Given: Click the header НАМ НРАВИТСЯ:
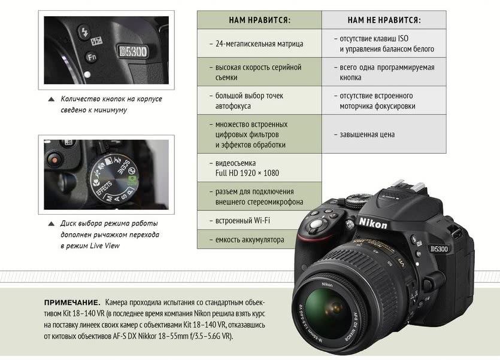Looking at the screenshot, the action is pos(259,20).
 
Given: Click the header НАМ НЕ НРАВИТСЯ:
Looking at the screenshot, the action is pos(384,20).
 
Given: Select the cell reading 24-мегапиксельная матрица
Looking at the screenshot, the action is pos(259,43).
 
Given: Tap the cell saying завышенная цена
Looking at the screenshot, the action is pos(384,134).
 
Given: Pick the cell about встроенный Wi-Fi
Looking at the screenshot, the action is pos(249,221).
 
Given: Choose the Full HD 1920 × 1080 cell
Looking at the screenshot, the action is pos(259,168).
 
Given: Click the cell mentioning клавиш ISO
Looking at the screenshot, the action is pos(384,43).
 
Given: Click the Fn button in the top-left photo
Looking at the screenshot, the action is pos(91,57).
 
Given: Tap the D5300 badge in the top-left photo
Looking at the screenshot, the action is pos(133,51).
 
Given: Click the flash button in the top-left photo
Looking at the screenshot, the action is pos(84,32).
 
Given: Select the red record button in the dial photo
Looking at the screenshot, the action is pos(54,159).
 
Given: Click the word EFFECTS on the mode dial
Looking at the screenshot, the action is pos(104,188).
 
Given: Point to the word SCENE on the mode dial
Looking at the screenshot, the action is pos(124,167).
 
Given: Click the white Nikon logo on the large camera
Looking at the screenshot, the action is pos(373,223).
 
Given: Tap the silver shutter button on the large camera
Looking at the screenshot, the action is pos(316,224).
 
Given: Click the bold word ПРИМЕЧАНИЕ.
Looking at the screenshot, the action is pos(72,302).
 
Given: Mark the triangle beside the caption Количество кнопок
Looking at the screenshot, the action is pos(51,99).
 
